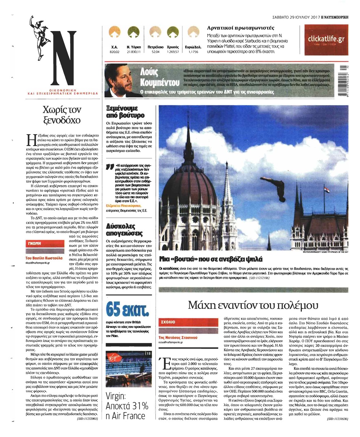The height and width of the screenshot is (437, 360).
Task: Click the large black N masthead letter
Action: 62,59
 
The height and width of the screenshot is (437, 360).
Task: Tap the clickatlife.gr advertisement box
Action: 326,40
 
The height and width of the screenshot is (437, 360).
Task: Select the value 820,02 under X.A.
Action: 115,52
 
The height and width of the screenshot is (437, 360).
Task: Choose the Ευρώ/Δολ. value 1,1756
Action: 193,52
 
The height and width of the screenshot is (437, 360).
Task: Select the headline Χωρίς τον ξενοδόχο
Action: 61,115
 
